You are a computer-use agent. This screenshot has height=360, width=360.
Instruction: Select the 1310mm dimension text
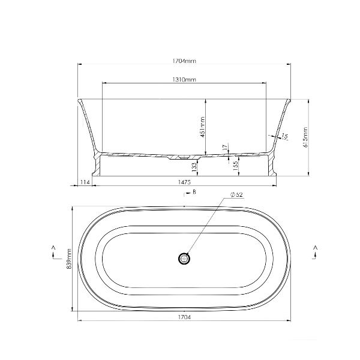(184, 79)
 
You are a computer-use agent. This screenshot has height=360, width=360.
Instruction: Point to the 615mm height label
(306, 137)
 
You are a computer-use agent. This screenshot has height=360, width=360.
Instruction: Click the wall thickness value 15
(287, 137)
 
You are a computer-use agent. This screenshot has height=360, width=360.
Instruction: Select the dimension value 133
(194, 166)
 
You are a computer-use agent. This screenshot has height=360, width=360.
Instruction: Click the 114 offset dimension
(85, 182)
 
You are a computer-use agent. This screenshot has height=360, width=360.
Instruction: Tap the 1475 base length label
(184, 182)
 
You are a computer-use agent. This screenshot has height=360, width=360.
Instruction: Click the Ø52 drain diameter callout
(236, 195)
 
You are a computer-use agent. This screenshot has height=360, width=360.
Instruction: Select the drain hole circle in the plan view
(184, 259)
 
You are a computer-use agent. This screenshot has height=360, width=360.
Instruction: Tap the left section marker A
(53, 247)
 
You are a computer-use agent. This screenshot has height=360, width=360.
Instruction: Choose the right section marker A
(316, 247)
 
